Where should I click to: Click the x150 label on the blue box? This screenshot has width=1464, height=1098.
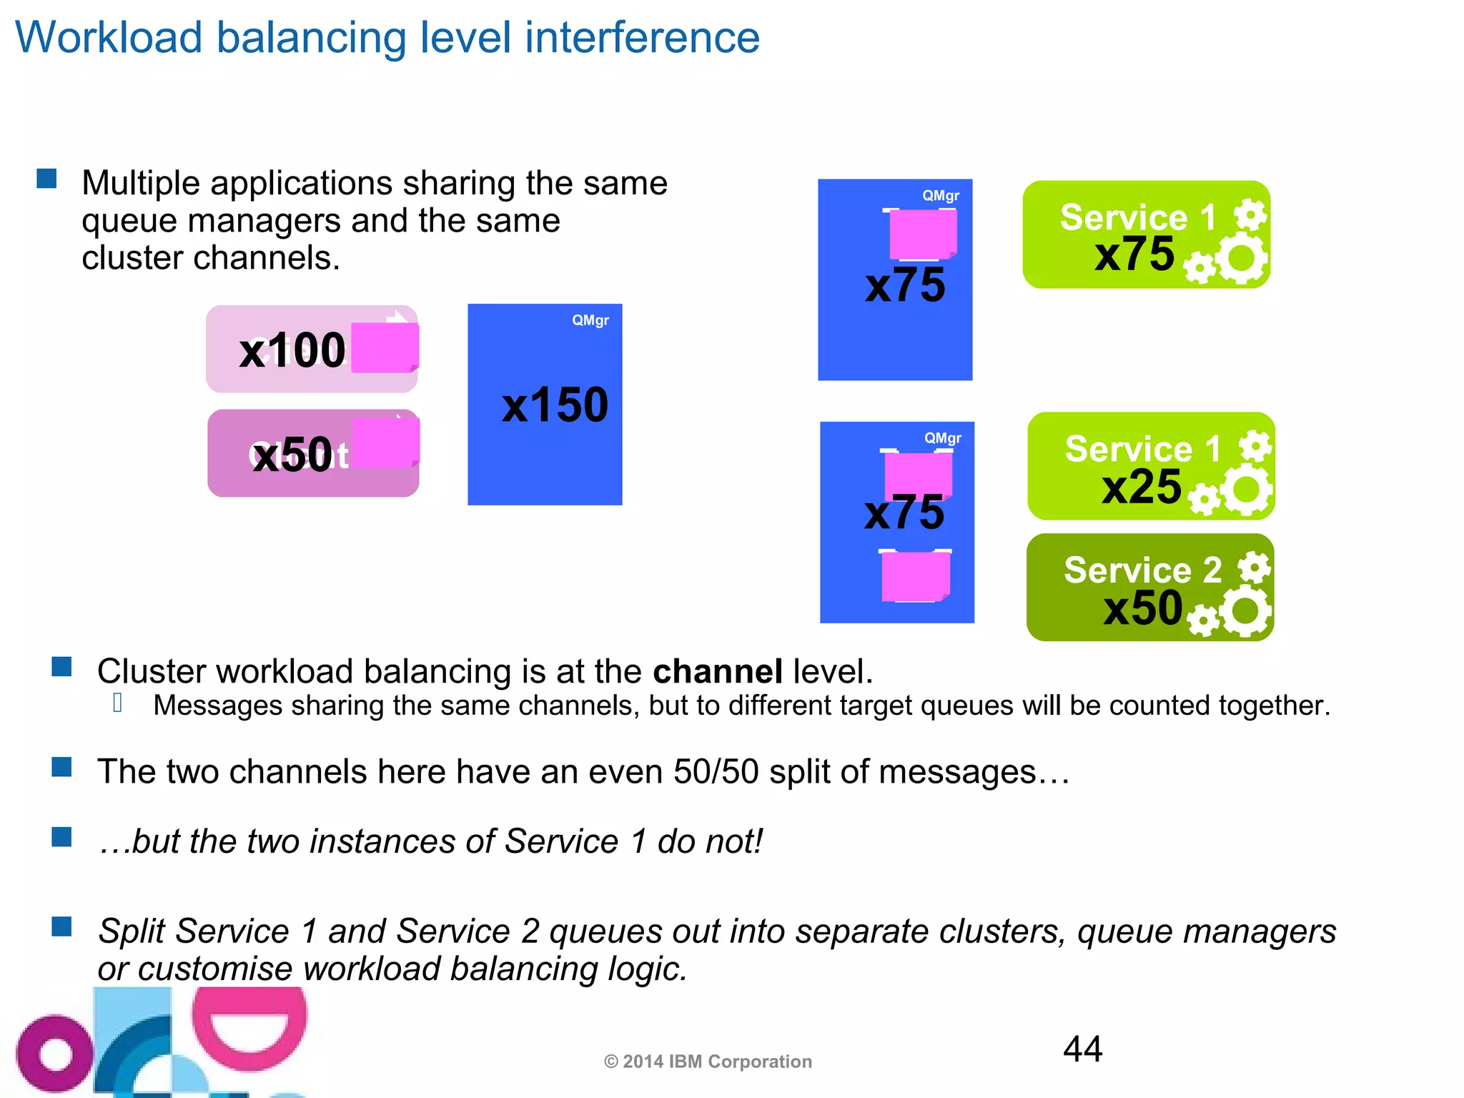coord(555,405)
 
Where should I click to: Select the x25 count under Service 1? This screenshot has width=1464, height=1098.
coord(1142,488)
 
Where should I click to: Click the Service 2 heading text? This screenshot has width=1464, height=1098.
coord(1142,570)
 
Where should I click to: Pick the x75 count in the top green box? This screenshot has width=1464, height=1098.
coord(1134,254)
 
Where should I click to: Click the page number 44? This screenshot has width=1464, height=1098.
coord(1082,1049)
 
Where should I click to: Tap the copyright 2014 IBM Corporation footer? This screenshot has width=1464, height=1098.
coord(708,1062)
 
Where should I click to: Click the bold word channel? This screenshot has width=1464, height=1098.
coord(718,672)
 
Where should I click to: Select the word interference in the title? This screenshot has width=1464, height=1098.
coord(642,37)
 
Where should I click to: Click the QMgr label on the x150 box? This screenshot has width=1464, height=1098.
coord(590,320)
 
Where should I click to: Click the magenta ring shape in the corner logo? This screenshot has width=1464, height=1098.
coord(54,1054)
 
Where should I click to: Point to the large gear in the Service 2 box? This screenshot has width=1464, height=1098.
coord(1246,610)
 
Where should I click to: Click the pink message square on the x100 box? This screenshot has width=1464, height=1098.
coord(385,347)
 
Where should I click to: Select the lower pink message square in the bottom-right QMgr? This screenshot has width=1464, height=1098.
coord(915,576)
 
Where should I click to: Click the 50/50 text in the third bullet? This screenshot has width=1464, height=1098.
coord(716,772)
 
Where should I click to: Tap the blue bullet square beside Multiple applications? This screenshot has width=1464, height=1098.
coord(46,179)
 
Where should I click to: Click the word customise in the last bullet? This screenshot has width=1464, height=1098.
coord(214,969)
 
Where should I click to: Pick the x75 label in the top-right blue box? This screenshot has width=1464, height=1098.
coord(904,285)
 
